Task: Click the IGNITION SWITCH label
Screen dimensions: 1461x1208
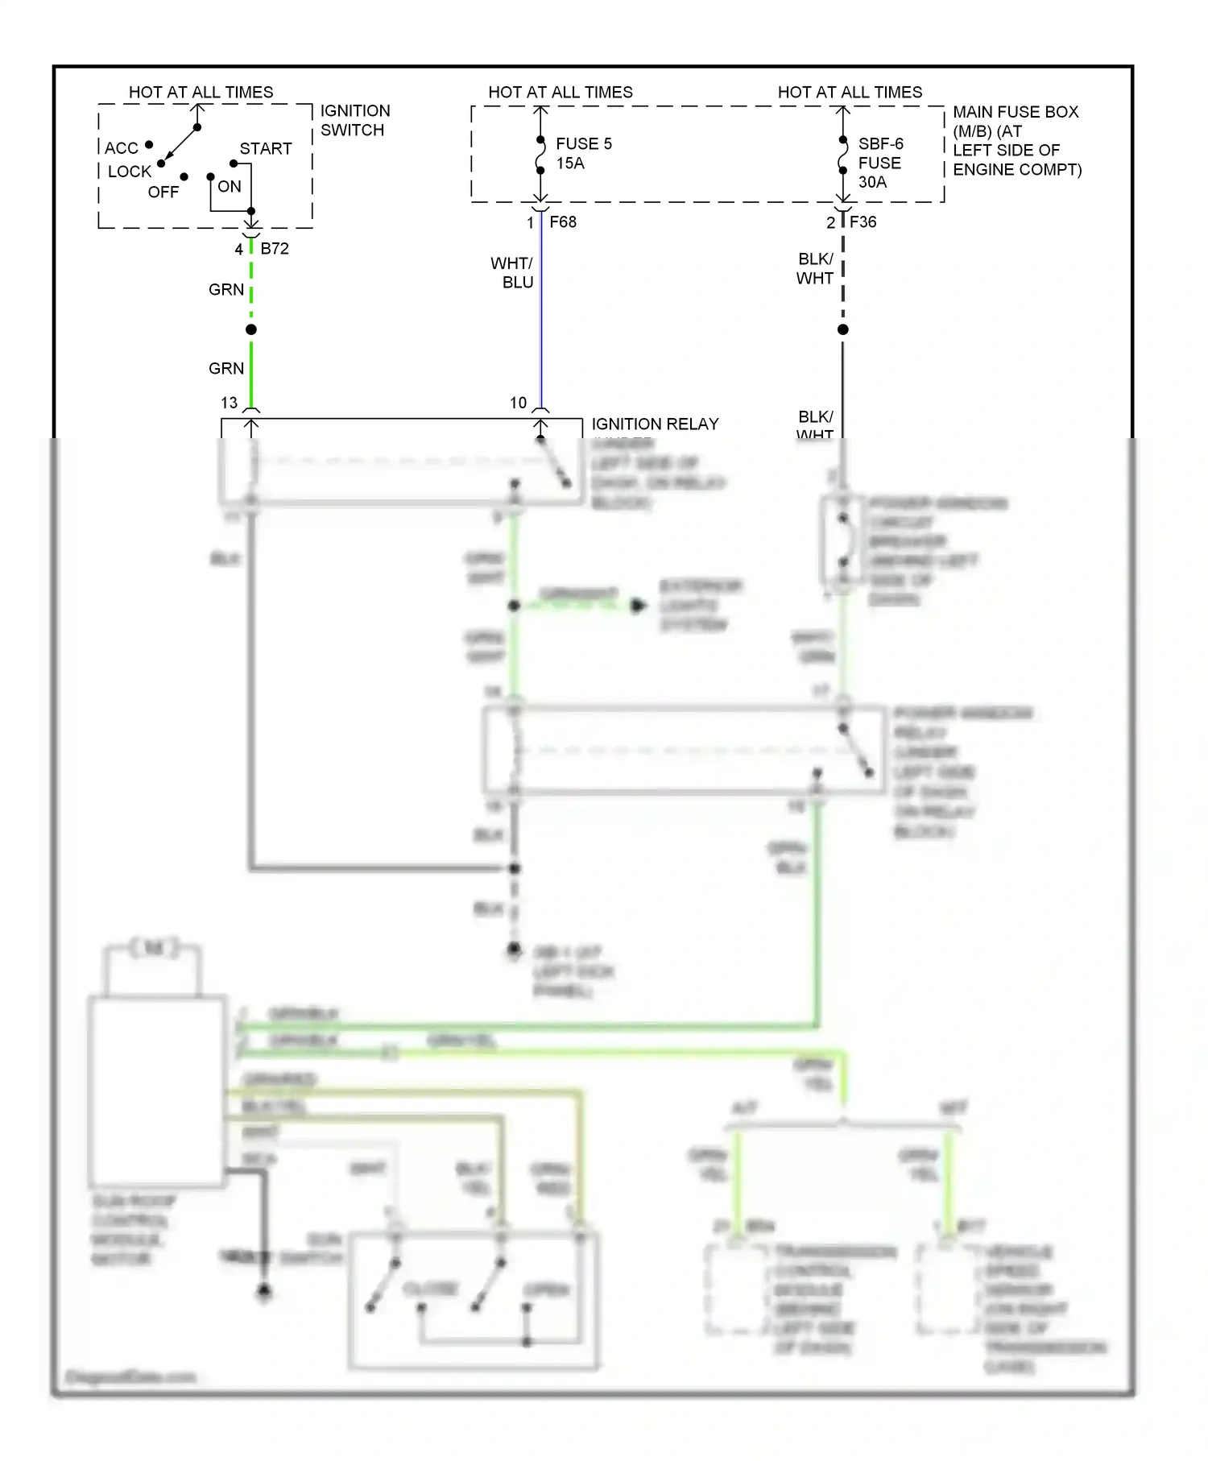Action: [354, 121]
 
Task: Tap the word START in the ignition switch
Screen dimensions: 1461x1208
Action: [265, 149]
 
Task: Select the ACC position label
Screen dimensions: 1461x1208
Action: [121, 148]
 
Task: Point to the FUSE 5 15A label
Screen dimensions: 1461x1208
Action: [583, 153]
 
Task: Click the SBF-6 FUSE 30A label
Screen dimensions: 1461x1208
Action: [879, 163]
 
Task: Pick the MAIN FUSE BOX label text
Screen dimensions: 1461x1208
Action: [1016, 141]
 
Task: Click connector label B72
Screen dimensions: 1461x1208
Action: [274, 249]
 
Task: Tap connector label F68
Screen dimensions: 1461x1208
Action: [562, 222]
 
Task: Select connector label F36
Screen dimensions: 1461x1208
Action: [863, 222]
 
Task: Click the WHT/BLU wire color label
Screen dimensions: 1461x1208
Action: [512, 273]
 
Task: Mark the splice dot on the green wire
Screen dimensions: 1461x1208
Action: [251, 329]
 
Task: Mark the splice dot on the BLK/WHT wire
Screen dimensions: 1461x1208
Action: [842, 329]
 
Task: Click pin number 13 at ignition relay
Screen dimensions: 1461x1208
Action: [230, 403]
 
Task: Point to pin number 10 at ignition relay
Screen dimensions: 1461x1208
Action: [518, 403]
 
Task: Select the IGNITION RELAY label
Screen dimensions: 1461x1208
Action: [655, 424]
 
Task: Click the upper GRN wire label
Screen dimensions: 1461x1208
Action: [225, 290]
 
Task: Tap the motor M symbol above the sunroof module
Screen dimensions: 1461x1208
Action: [153, 948]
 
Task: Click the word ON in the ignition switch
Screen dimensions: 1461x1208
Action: [229, 187]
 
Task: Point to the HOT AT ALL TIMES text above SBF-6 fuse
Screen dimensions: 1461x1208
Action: [850, 93]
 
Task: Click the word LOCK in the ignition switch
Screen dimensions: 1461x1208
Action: [130, 172]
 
